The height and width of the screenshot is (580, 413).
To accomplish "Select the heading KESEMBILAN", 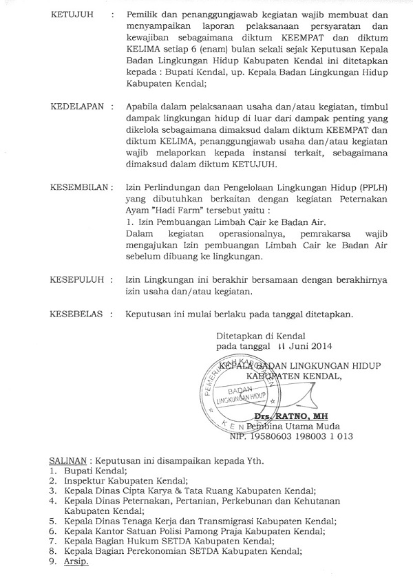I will click(81, 187).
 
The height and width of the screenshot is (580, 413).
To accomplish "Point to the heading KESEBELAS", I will click(77, 314).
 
